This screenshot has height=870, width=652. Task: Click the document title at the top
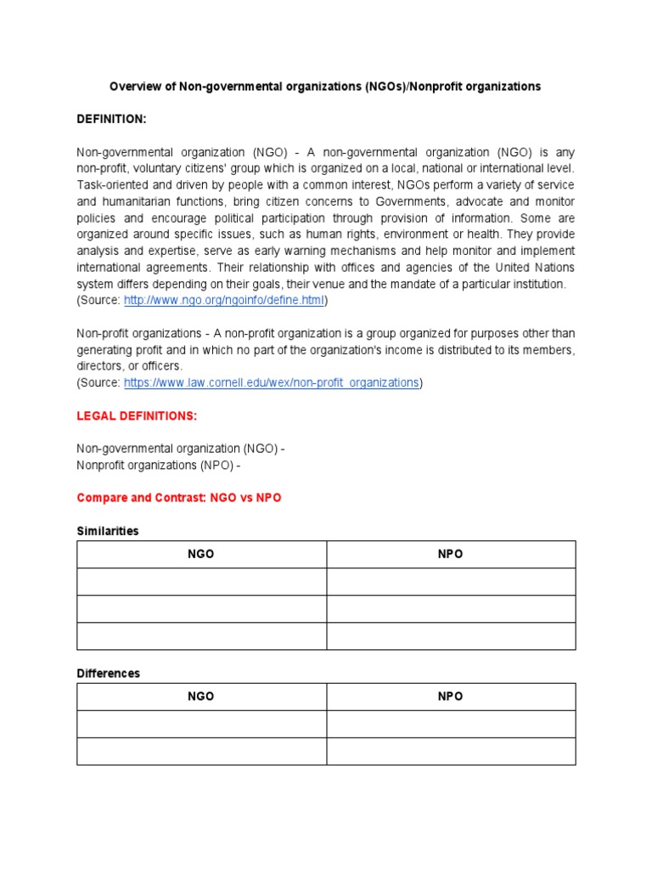pos(325,87)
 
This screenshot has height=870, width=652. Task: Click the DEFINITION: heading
pos(112,120)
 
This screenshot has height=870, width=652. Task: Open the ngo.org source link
pos(224,301)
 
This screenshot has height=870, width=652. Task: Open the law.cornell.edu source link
pos(272,383)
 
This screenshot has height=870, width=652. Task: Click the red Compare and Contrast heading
pos(178,498)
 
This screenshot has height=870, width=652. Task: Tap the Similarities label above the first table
pos(108,531)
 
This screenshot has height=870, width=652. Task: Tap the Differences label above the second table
pos(108,673)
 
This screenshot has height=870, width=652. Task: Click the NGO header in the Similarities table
pos(201,554)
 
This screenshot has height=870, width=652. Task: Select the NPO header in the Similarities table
pos(451,554)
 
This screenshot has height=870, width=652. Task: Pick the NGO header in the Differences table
pos(201,697)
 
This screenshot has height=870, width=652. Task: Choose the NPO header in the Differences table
pos(451,697)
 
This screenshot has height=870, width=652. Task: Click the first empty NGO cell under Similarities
pos(201,582)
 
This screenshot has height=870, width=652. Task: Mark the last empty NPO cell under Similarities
pos(451,636)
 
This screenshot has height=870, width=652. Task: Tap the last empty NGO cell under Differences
pos(201,751)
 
